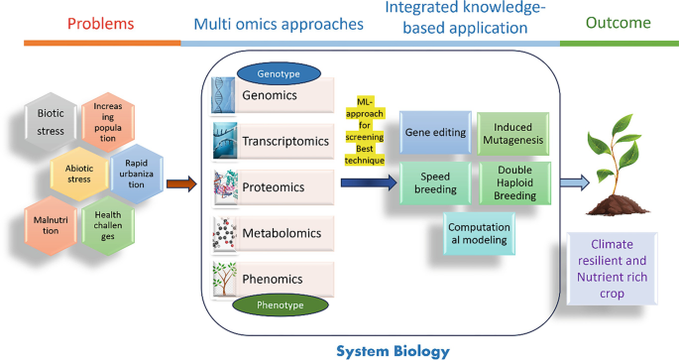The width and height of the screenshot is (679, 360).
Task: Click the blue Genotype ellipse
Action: point(278,72)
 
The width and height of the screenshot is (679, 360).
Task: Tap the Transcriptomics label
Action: point(285,141)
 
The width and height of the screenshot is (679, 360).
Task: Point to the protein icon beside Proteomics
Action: point(226,186)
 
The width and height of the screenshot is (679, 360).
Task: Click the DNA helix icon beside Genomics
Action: point(224,96)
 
